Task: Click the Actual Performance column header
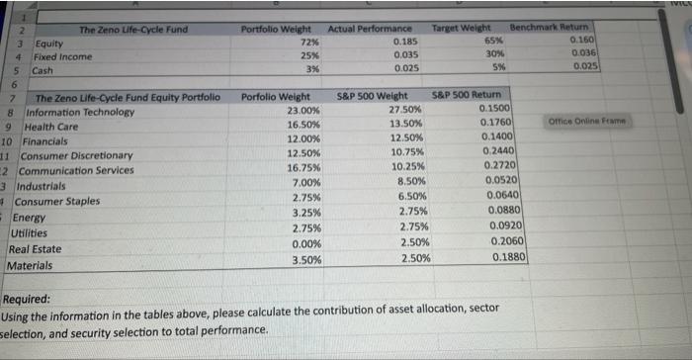pos(370,29)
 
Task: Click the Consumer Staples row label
pos(61,201)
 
